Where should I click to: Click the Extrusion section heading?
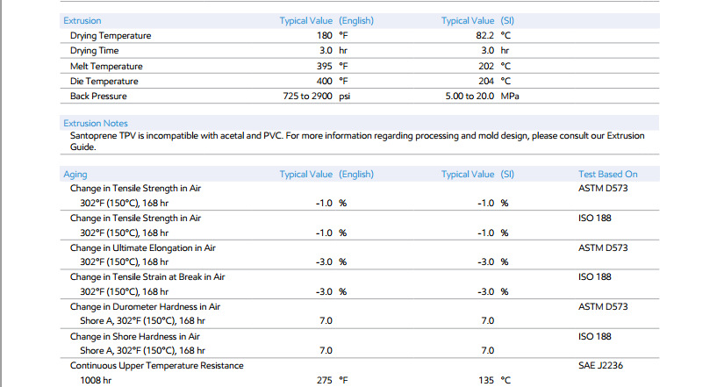[82, 20]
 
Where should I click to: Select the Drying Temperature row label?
[111, 36]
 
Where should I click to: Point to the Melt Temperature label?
[106, 66]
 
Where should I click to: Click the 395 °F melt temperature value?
[332, 66]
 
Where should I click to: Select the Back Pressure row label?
[98, 97]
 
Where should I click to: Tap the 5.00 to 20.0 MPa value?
[482, 97]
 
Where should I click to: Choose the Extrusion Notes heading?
[96, 124]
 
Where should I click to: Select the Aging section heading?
[75, 175]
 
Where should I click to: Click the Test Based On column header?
[607, 175]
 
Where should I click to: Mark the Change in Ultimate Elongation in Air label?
[143, 248]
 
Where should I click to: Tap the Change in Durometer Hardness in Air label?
[145, 307]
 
